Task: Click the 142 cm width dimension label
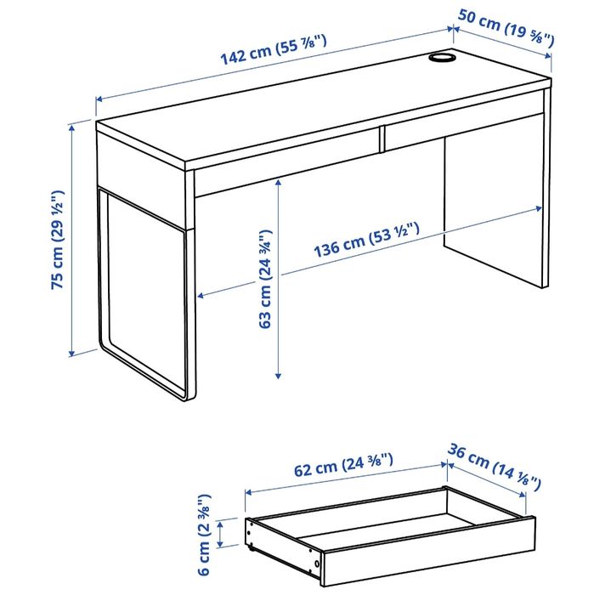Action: [274, 50]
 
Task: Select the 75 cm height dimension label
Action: [58, 241]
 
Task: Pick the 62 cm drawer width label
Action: [343, 466]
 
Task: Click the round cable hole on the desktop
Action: [441, 57]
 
